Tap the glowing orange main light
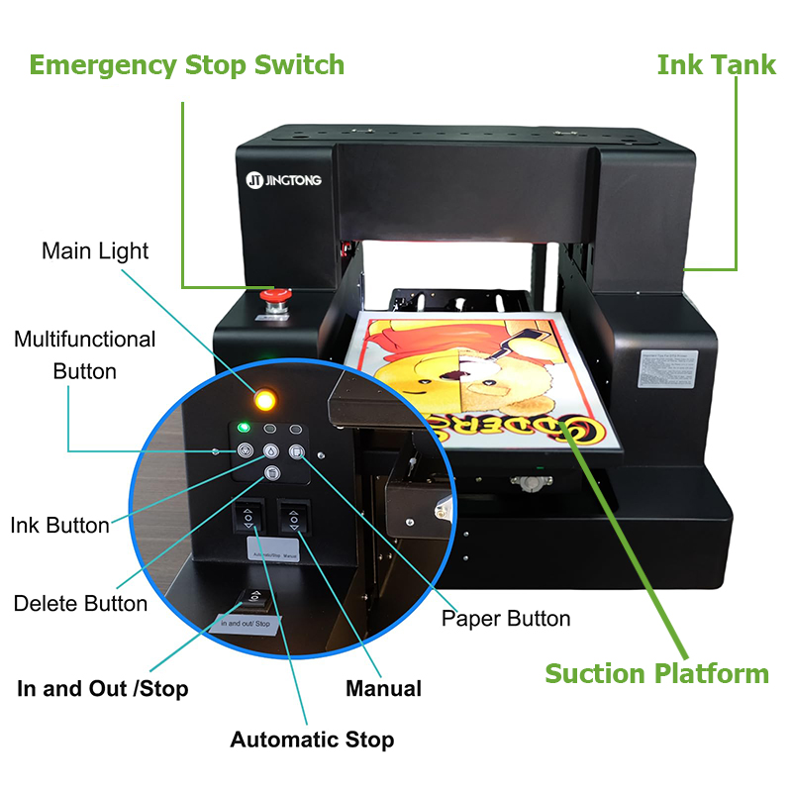[264, 400]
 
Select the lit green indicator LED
[242, 429]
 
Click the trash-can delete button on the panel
[270, 474]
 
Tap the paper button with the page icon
[297, 452]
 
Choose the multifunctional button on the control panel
[244, 451]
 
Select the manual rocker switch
[292, 519]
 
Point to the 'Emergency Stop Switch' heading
[187, 65]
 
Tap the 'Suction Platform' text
[656, 673]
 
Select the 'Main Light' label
[95, 250]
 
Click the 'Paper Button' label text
[506, 619]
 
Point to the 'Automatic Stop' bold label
[312, 740]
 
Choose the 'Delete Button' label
[80, 603]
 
